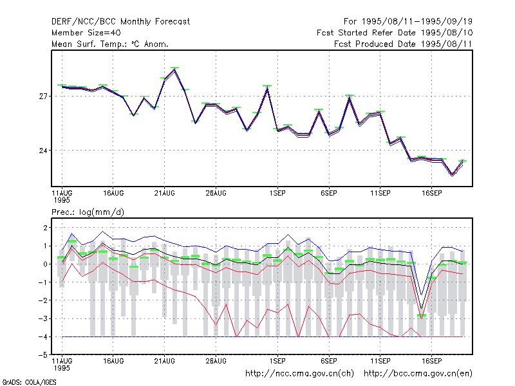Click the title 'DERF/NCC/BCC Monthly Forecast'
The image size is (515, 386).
120,22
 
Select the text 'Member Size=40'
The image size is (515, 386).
86,33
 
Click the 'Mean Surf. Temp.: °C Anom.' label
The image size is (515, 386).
110,44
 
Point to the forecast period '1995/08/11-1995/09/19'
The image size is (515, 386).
417,22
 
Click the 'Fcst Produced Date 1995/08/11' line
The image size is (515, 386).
404,44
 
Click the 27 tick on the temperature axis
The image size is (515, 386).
43,96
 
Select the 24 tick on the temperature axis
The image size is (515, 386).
43,151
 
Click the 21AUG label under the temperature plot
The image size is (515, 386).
165,194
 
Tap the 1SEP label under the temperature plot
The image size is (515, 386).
277,194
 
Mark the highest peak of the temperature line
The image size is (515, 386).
174,69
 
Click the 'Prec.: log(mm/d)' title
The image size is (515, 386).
88,212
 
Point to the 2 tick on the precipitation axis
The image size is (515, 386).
45,228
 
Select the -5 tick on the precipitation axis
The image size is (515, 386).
43,355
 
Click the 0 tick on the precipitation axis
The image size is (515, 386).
45,264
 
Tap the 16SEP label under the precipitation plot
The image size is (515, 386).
431,361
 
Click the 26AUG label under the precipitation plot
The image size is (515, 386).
216,361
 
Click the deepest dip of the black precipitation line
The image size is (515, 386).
422,309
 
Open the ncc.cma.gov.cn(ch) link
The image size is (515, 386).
299,374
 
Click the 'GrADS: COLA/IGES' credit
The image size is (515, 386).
29,382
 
